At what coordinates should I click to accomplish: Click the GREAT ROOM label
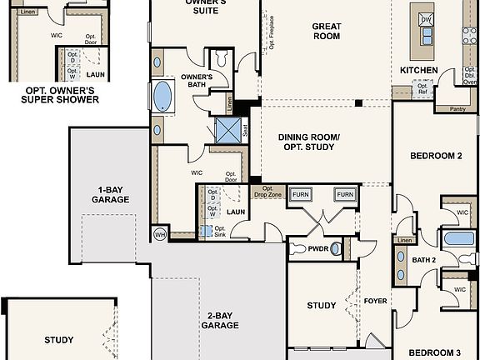click(x=326, y=31)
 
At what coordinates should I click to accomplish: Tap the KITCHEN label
click(x=418, y=70)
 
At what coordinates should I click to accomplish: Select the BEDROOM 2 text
click(x=436, y=156)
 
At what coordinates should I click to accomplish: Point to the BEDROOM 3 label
click(x=436, y=352)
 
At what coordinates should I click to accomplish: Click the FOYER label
click(x=376, y=301)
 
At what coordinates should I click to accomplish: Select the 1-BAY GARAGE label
click(x=110, y=194)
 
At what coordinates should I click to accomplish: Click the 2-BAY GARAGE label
click(x=220, y=321)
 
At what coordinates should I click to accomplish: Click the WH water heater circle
click(x=160, y=234)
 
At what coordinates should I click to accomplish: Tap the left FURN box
click(x=301, y=194)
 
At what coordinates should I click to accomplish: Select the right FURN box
click(x=344, y=194)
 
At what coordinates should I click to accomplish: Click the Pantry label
click(x=457, y=108)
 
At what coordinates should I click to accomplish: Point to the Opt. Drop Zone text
click(x=267, y=191)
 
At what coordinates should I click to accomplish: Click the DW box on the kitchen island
click(x=426, y=19)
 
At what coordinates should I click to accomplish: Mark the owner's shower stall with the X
click(x=227, y=130)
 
